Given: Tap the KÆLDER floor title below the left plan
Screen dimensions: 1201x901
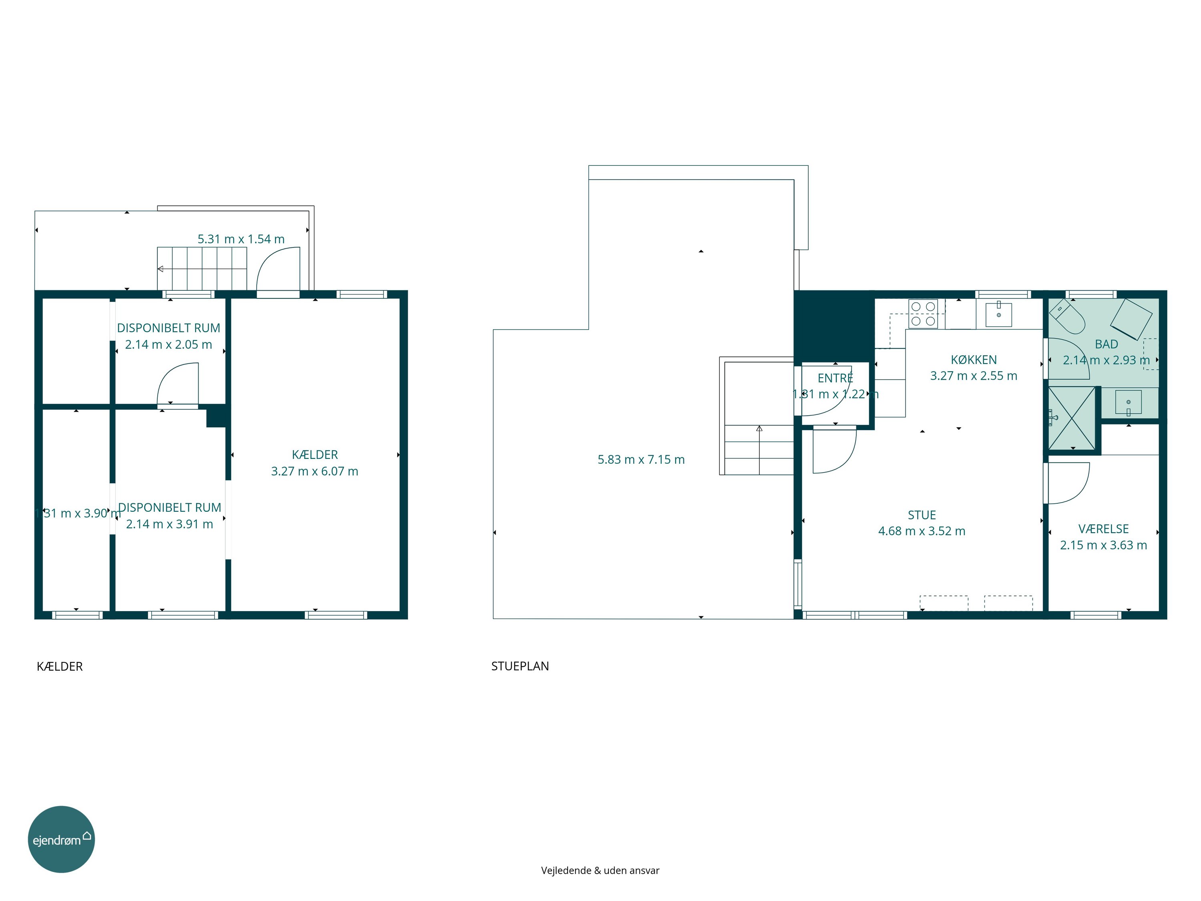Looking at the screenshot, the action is pos(60,666).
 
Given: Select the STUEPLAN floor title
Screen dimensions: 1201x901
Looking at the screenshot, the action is pos(520,666).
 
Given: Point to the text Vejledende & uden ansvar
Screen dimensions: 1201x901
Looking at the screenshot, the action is pos(600,871).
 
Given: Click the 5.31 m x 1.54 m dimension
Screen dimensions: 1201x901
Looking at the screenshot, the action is pos(241,239).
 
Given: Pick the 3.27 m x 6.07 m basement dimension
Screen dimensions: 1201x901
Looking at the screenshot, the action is pos(315,471).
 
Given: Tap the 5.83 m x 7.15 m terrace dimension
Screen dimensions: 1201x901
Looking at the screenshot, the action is pos(641,459).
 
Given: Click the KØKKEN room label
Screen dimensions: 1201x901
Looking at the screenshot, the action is pos(974,360).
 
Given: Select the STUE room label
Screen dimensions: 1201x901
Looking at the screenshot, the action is pos(922,515).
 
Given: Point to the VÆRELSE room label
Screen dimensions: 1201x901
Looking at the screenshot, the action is pos(1104,529).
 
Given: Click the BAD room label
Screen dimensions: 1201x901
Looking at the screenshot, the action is pos(1107,344).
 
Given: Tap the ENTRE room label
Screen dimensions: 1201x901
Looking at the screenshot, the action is pos(835,378).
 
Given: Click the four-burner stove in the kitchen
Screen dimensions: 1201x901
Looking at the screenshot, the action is pos(923,314).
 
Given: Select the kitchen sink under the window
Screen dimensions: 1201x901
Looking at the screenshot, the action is pos(999,314).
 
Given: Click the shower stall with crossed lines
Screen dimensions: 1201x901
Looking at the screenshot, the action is pos(1072,418).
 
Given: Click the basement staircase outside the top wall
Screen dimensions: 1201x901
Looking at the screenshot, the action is pos(202,269).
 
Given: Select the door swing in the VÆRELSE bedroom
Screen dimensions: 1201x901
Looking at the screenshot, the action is pos(1068,483).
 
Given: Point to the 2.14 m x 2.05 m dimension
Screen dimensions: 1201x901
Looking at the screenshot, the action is pos(169,344).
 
